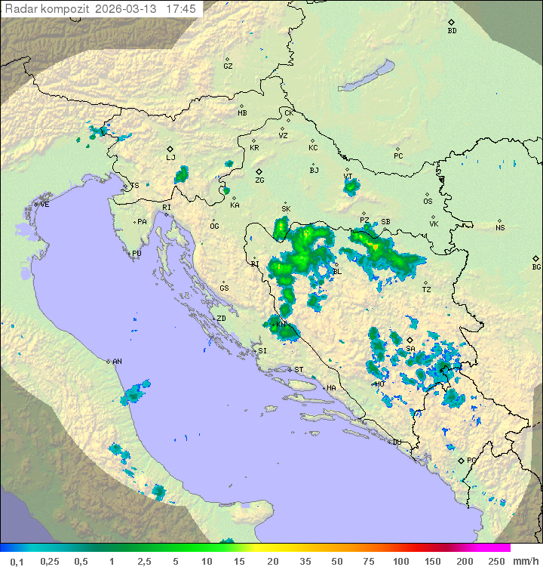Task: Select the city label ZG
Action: [259, 180]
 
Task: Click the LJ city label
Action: [170, 157]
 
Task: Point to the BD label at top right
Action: [452, 31]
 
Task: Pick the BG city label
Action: [536, 267]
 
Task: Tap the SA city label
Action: [410, 348]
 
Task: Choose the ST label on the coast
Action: [299, 370]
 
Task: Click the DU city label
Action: [397, 442]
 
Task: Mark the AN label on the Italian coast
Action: [117, 362]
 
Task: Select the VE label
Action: [44, 205]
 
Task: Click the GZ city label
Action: [228, 66]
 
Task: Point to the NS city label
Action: [500, 228]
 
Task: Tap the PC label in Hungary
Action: [398, 156]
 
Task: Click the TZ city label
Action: [427, 289]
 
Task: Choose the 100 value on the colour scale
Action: [400, 561]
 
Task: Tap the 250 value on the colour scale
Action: [495, 561]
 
